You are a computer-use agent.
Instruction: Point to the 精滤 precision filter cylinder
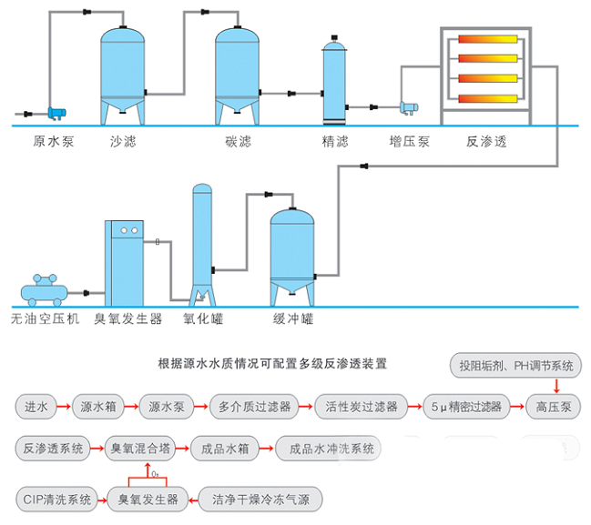click(333, 82)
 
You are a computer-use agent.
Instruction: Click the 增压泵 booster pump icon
click(406, 107)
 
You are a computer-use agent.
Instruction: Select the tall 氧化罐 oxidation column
click(202, 241)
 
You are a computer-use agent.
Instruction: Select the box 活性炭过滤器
click(362, 407)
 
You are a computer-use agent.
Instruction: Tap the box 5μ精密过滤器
click(466, 407)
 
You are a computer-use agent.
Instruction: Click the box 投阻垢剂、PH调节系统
click(515, 366)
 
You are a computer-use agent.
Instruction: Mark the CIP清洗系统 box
click(55, 499)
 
